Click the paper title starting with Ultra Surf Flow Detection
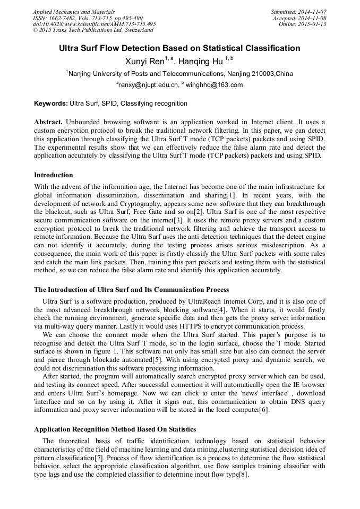click(179, 48)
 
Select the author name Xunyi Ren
click(144, 62)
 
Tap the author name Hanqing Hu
click(204, 62)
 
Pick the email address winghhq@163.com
click(214, 85)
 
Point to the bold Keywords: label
click(51, 103)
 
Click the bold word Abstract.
click(49, 122)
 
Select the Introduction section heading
click(54, 175)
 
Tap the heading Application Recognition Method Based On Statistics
click(115, 429)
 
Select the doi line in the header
click(94, 24)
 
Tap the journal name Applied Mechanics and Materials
click(74, 12)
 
